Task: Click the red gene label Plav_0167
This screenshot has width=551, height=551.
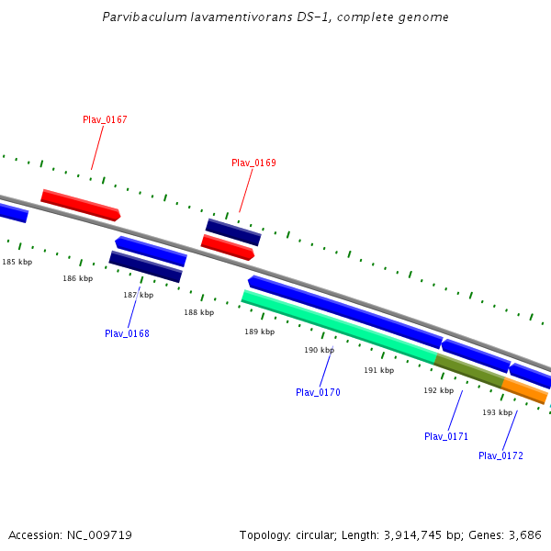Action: [105, 119]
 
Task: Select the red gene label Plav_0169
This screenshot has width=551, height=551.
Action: [253, 163]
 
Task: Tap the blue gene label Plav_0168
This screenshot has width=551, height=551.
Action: [127, 333]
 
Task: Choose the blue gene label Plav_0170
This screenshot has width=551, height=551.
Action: [318, 392]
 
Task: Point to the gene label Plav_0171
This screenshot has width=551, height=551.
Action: [446, 436]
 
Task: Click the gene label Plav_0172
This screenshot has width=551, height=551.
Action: [500, 455]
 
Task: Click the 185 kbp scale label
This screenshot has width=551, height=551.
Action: [17, 262]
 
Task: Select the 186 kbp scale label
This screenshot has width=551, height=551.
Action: [77, 278]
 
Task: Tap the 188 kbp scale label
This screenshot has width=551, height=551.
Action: [198, 312]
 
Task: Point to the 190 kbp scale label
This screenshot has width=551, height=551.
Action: [319, 350]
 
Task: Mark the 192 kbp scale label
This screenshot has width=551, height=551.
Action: [438, 390]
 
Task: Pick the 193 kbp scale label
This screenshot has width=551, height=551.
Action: [497, 412]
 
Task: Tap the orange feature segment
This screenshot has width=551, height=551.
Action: [524, 390]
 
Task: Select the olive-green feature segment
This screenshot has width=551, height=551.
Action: [468, 370]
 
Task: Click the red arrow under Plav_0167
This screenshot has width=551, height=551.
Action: [80, 204]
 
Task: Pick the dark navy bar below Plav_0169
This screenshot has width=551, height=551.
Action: [233, 231]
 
